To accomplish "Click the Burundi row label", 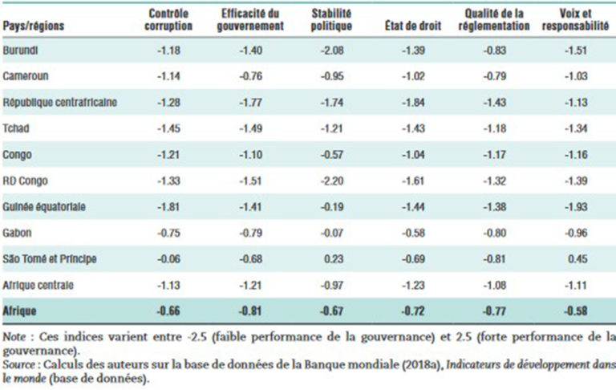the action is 20,51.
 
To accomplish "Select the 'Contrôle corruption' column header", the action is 168,19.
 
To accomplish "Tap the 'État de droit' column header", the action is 413,26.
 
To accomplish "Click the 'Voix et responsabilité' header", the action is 575,19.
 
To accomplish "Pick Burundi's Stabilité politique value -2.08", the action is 332,51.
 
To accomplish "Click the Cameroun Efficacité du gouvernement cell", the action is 250,76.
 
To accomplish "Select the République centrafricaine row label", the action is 59,102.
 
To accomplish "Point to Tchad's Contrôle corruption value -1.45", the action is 168,128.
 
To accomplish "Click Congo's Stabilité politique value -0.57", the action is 332,155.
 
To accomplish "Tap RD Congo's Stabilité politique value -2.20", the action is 332,181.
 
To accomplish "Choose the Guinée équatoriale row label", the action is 44,207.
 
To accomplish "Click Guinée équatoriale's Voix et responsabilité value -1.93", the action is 576,207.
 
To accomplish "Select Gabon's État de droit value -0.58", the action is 413,234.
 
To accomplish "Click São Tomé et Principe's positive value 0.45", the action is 577,259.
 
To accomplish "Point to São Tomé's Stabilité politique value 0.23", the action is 334,259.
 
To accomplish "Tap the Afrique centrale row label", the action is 38,285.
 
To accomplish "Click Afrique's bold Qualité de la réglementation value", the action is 495,311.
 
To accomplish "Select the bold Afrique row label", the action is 19,311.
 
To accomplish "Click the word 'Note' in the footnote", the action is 14,337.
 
